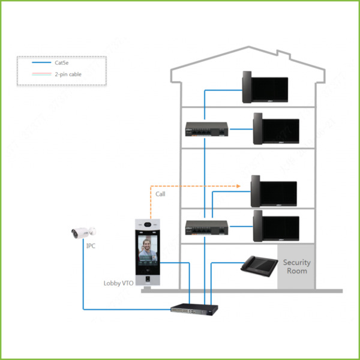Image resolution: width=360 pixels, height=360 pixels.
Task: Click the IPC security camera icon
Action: [83, 231]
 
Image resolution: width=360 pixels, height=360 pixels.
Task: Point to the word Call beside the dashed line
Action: [160, 194]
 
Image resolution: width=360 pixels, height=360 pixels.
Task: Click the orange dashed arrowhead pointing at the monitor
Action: [239, 185]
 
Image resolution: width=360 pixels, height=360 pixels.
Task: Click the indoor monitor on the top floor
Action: [264, 88]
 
